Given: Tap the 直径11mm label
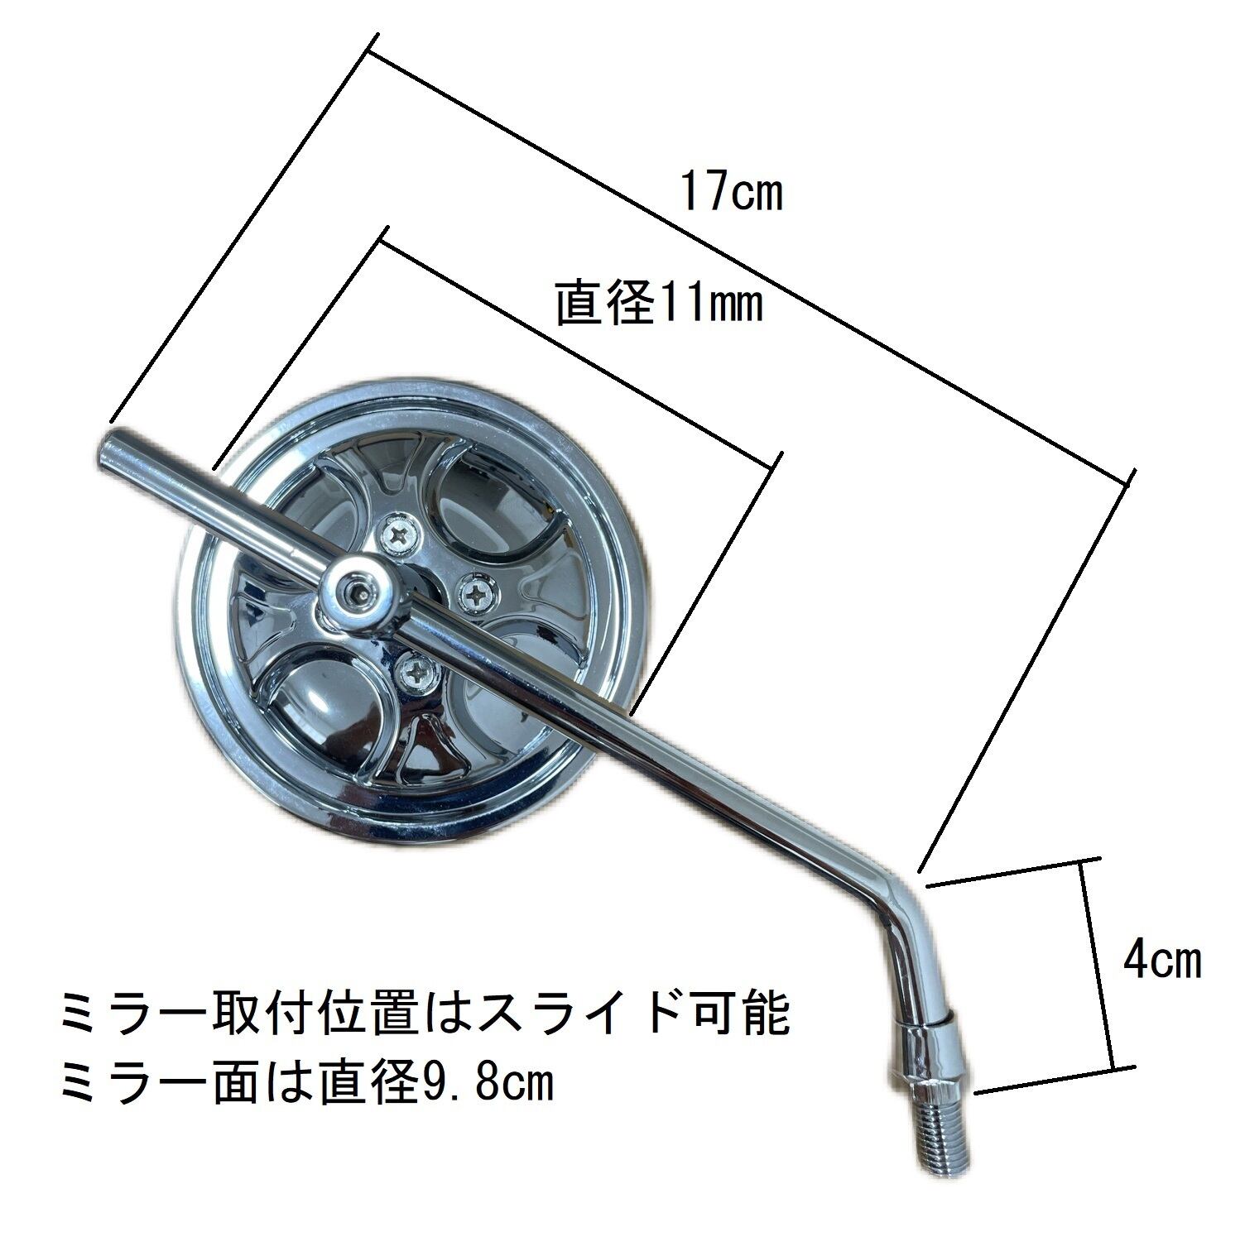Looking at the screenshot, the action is pos(658,303).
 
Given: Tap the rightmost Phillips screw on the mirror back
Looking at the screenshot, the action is pos(478,588).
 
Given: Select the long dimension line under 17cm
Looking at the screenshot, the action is pos(749,261).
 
